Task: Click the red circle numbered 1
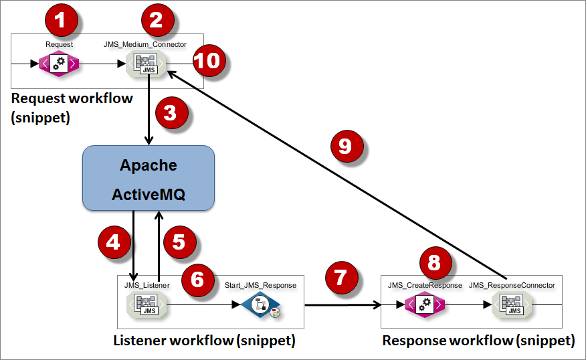click(60, 21)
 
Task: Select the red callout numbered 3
click(171, 113)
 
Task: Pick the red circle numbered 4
click(114, 242)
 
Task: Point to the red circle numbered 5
click(178, 242)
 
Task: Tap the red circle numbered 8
click(435, 264)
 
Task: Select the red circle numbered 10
click(209, 62)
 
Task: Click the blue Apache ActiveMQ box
click(148, 177)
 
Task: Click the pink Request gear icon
click(59, 64)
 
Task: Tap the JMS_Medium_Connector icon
click(146, 64)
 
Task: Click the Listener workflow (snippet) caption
click(203, 341)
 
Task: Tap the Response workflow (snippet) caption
click(478, 341)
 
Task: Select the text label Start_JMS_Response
click(260, 286)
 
